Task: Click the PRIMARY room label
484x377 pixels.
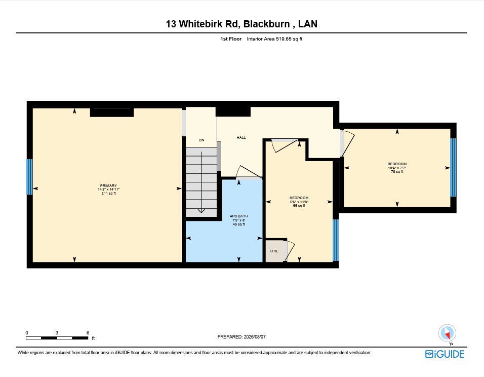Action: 108,186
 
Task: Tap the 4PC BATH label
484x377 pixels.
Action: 239,216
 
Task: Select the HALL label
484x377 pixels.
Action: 241,137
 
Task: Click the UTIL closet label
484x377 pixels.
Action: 274,251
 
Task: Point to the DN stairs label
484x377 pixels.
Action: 201,140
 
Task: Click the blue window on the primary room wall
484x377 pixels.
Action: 30,177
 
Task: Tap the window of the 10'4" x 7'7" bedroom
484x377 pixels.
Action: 453,167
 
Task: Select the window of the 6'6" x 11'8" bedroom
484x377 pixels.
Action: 336,240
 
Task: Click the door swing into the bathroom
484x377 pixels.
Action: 249,172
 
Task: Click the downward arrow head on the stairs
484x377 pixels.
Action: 201,211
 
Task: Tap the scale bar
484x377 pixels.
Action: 57,338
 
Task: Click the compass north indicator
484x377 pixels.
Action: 447,333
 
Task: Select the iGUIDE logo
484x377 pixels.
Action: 445,354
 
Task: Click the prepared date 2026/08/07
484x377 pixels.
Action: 255,337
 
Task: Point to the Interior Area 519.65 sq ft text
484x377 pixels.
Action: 274,39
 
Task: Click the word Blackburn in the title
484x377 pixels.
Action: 267,24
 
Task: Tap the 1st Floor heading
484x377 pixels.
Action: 231,39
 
